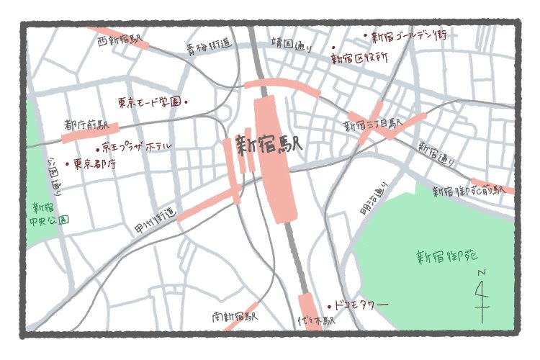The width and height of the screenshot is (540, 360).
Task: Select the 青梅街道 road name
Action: tap(209, 48)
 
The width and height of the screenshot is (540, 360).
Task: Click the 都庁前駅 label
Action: tap(86, 125)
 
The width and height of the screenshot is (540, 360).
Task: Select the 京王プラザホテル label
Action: tap(137, 146)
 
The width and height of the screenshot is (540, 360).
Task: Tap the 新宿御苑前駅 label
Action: tap(468, 191)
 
